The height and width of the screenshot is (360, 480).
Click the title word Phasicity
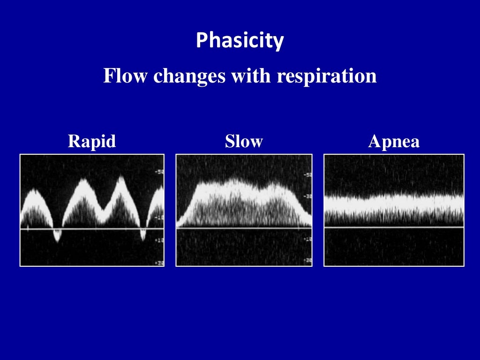[x=240, y=41]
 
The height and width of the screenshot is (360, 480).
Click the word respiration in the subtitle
[x=326, y=76]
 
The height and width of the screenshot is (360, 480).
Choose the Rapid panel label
[x=92, y=141]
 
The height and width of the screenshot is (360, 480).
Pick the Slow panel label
[x=244, y=141]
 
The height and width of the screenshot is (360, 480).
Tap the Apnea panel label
[x=394, y=141]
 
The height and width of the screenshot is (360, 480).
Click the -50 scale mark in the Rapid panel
[x=159, y=172]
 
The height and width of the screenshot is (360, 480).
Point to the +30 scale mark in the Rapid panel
[x=159, y=263]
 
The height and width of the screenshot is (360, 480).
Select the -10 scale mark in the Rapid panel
[x=159, y=217]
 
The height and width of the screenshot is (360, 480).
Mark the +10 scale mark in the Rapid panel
[x=159, y=240]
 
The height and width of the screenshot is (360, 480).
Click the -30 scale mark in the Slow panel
[x=307, y=197]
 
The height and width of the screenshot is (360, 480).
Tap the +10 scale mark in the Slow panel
[x=307, y=239]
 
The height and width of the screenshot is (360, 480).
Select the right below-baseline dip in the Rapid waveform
[x=143, y=235]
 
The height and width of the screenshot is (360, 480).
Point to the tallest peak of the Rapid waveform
[x=121, y=179]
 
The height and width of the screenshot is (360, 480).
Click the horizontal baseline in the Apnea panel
[x=394, y=227]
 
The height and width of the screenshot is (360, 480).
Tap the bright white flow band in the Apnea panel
[x=394, y=202]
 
